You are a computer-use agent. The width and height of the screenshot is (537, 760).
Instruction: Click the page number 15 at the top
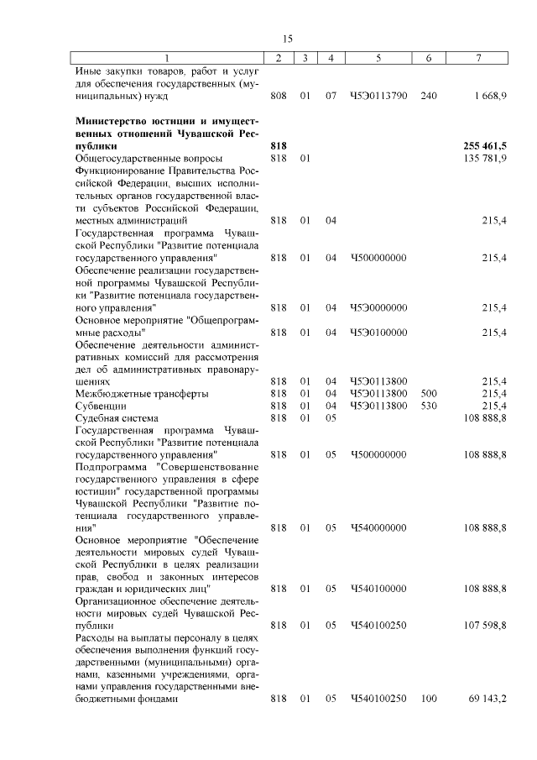287,39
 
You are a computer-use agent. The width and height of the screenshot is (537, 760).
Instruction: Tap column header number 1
166,58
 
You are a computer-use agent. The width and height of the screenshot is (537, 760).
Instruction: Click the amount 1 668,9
490,97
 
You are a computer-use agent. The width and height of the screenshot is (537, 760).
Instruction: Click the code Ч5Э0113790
378,97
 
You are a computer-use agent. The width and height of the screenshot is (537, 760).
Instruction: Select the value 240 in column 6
428,97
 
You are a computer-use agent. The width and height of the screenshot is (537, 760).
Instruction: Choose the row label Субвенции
101,406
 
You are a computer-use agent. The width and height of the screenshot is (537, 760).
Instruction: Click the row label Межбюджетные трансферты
142,393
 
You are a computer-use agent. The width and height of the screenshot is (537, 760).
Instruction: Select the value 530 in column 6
428,406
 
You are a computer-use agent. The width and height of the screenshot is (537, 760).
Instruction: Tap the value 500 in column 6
428,393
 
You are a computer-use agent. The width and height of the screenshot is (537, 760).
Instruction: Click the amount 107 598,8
486,626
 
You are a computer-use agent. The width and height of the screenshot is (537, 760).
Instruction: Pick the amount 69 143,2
488,699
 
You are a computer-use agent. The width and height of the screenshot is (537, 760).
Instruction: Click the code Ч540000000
378,527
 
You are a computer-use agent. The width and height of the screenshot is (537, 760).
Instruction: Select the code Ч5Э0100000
378,332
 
